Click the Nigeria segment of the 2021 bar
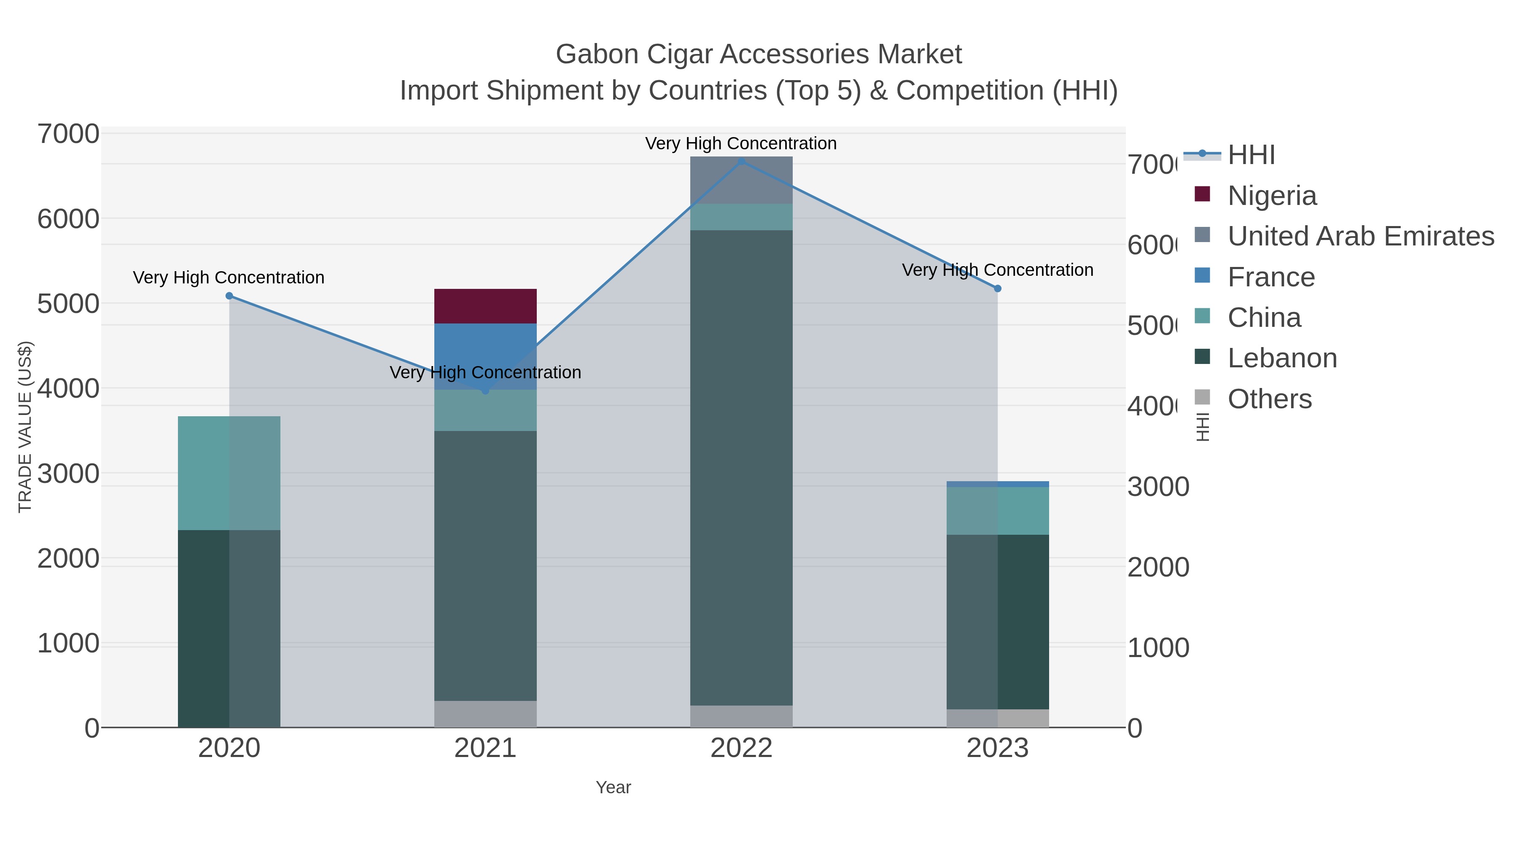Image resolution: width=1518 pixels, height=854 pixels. [485, 306]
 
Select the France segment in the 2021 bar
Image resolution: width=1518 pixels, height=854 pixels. [485, 354]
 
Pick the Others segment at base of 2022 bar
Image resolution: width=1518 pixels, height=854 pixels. [741, 716]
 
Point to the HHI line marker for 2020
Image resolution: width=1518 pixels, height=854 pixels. [229, 296]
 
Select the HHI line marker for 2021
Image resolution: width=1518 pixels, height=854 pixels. [485, 390]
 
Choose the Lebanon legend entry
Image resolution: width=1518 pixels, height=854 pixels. [1282, 358]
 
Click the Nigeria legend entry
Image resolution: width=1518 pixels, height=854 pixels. [1272, 196]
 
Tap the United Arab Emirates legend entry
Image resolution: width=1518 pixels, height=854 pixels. [1360, 236]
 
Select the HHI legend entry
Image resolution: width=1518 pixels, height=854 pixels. [1251, 155]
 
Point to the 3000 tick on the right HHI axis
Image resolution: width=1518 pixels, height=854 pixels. [1157, 487]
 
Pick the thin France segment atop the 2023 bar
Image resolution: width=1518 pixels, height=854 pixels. [997, 484]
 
